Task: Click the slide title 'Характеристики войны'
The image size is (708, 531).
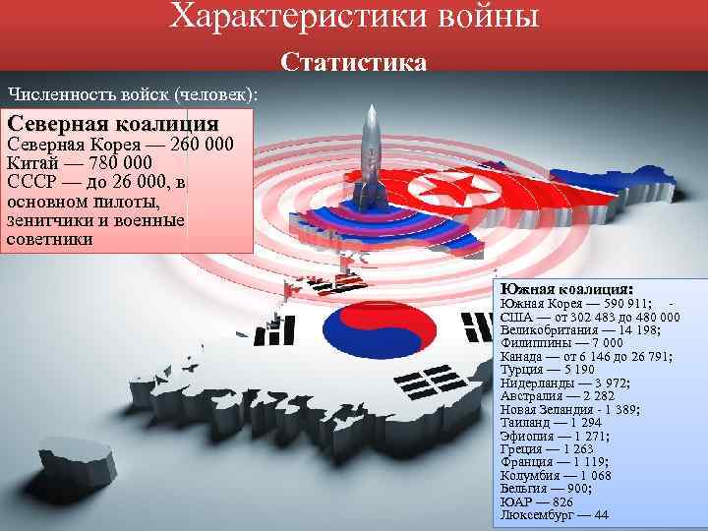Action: (354, 17)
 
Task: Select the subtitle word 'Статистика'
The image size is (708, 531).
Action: (354, 64)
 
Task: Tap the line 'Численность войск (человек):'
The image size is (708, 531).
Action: (133, 94)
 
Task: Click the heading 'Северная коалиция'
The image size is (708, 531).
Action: (112, 124)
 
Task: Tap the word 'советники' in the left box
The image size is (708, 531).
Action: (50, 239)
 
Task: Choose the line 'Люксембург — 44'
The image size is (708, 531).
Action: (554, 514)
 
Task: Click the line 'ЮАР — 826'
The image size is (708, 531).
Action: (535, 501)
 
